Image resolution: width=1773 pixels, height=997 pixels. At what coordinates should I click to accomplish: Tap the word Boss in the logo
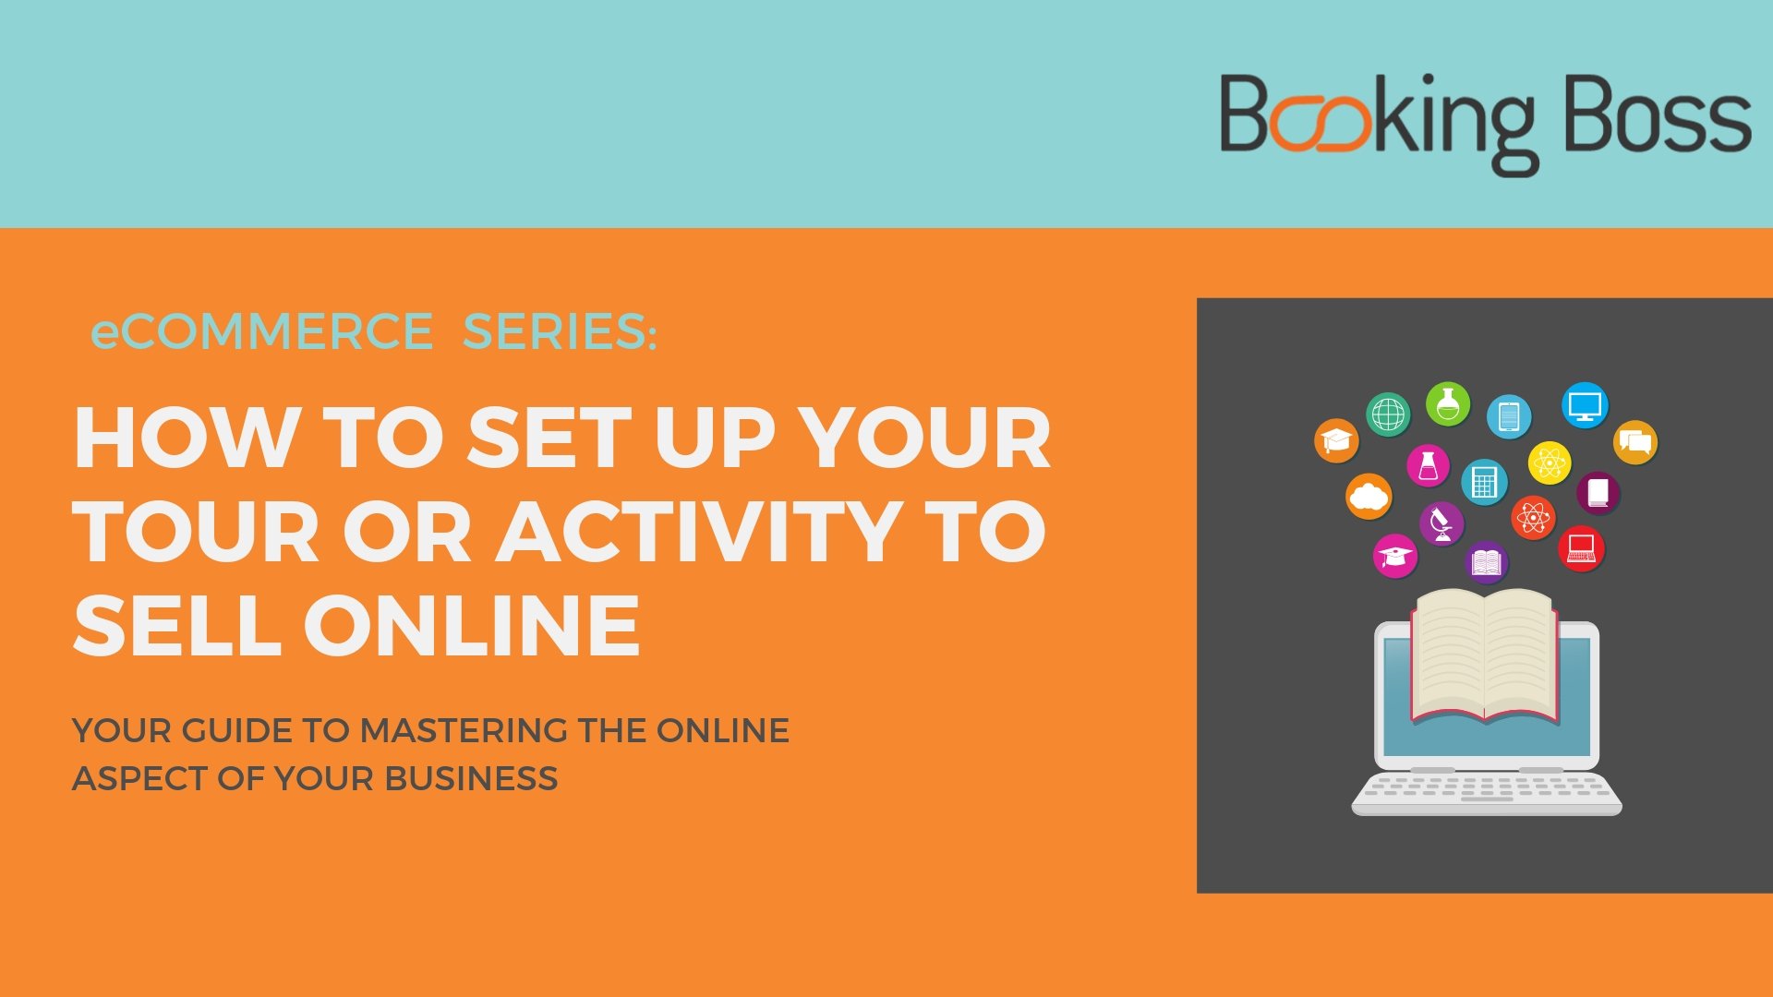tap(1658, 114)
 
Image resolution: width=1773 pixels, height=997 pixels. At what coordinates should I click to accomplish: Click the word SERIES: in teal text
tap(560, 331)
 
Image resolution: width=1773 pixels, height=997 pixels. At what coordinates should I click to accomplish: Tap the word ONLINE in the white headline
tap(472, 625)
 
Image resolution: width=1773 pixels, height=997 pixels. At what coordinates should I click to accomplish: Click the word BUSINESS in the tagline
tap(471, 778)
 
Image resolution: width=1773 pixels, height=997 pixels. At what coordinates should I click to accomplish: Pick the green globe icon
tap(1388, 414)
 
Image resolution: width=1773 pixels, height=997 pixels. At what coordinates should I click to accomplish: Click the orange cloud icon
tap(1369, 497)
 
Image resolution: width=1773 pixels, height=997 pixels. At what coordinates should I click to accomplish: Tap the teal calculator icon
tap(1484, 482)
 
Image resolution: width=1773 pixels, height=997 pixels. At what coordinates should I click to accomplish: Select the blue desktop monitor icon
tap(1585, 405)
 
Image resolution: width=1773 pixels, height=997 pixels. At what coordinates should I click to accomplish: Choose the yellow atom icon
tap(1550, 462)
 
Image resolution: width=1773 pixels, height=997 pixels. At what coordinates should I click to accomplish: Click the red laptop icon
tap(1581, 548)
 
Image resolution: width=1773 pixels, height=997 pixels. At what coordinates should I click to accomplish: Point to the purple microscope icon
tap(1441, 524)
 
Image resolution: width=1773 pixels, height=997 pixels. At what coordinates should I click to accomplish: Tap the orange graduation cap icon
tap(1336, 440)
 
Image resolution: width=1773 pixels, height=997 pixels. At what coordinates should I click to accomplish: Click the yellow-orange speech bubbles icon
tap(1635, 442)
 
